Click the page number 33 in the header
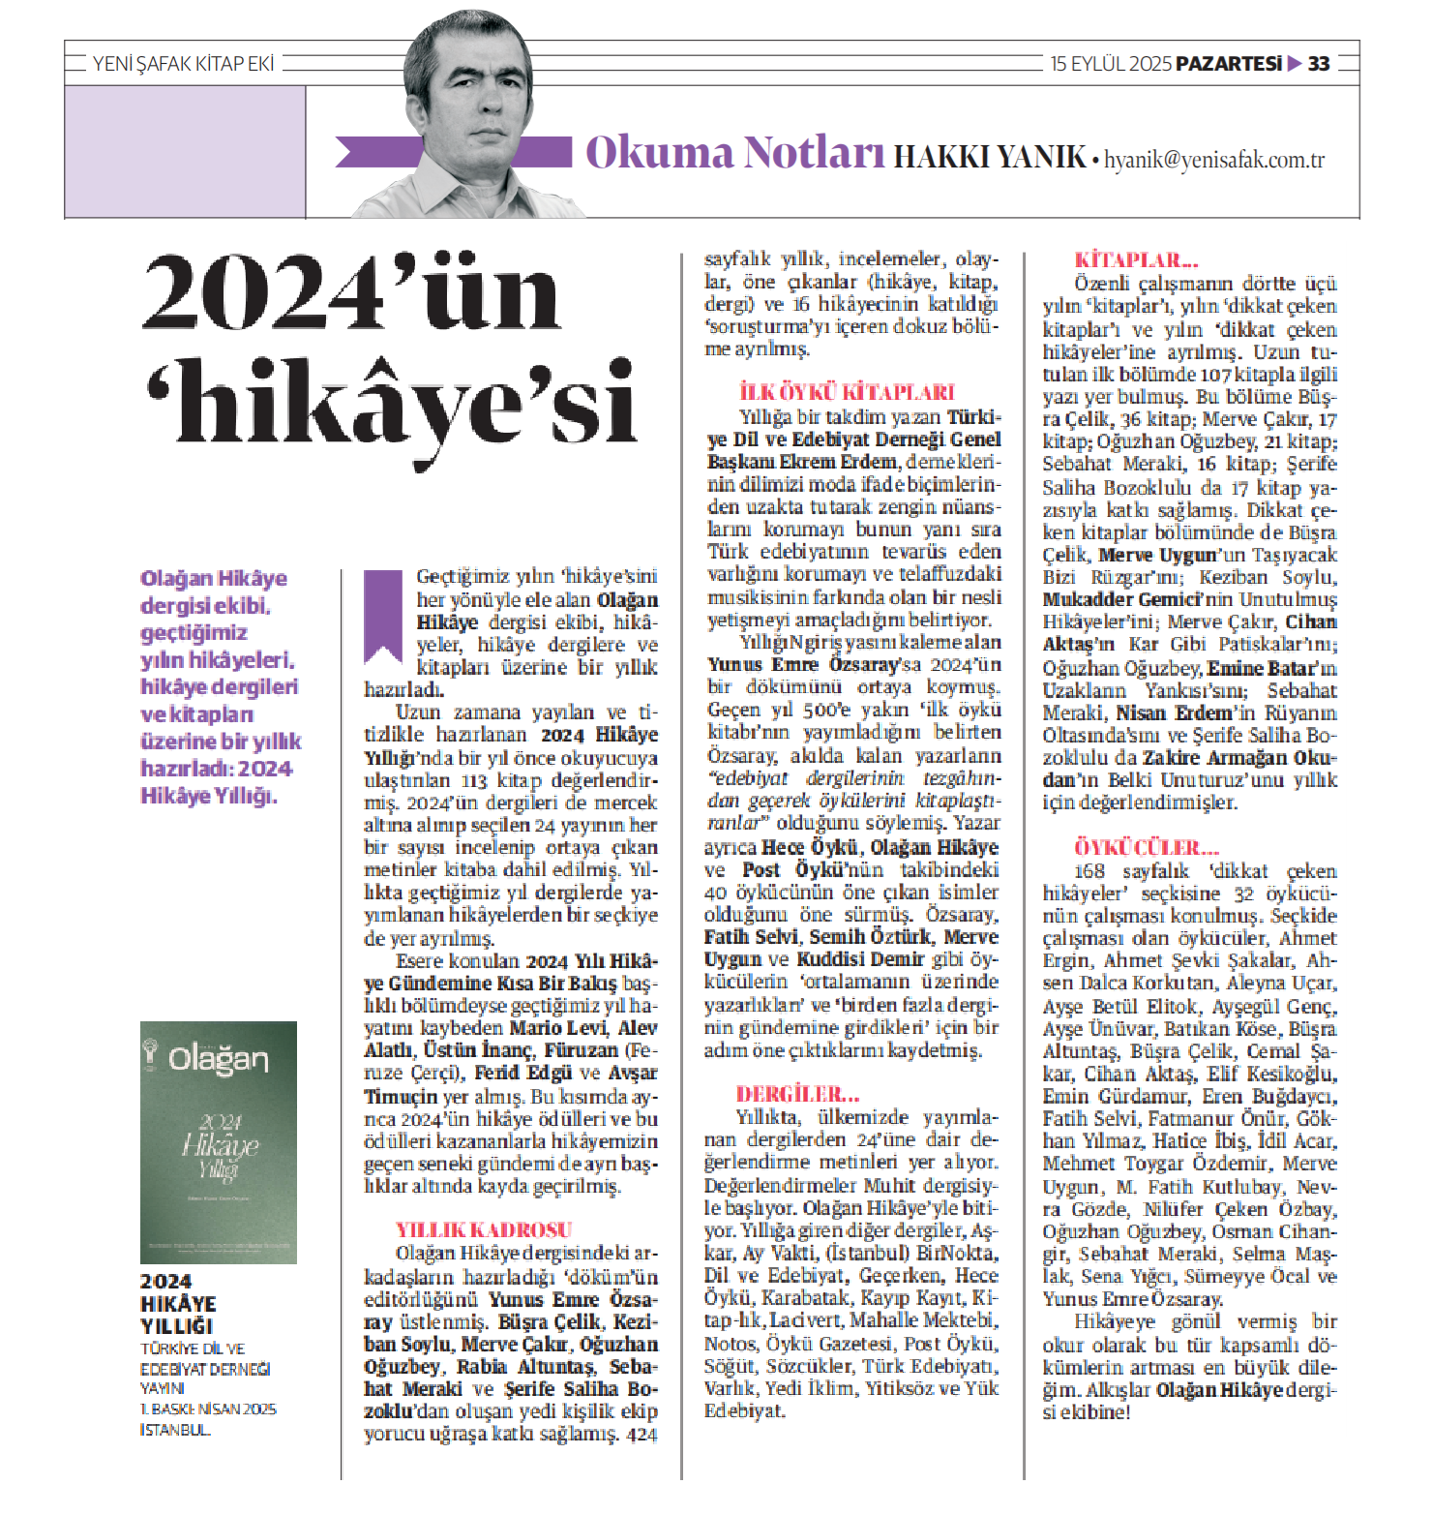pos(1319,64)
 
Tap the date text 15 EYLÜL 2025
pos(1111,64)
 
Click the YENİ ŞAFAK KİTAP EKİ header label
pos(183,64)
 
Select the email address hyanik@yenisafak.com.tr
pos(1214,160)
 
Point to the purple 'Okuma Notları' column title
pos(734,153)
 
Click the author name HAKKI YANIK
pos(989,157)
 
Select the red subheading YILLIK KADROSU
pos(484,1229)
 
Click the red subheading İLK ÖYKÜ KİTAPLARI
pos(847,392)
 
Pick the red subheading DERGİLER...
pos(797,1094)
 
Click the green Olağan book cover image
pos(219,1142)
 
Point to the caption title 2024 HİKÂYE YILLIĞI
pos(178,1303)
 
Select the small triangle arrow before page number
pos(1295,64)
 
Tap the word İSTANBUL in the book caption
pos(175,1429)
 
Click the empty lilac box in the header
pos(185,151)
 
